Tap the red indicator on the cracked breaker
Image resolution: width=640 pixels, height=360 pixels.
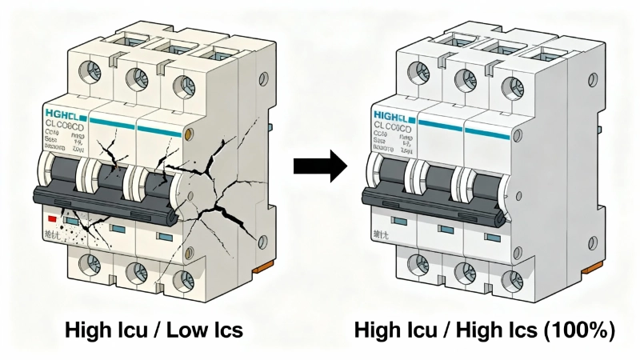52,218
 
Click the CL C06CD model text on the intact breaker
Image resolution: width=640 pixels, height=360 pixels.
392,128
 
